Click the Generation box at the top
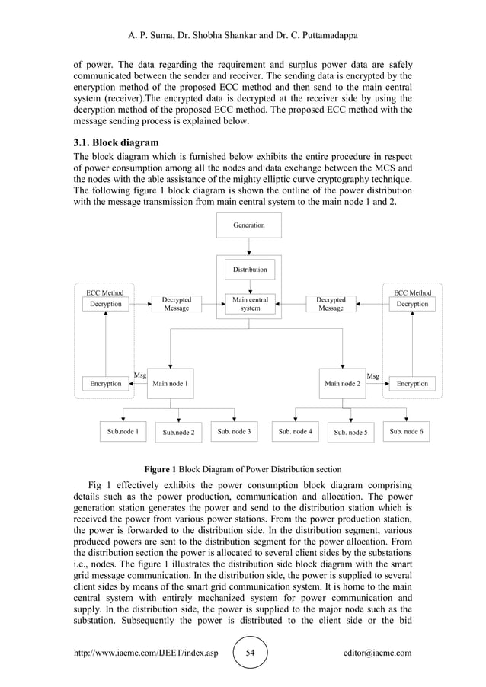[x=249, y=225]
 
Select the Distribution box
[x=249, y=270]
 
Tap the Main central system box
[x=249, y=304]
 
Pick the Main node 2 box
[x=342, y=384]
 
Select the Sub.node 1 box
[x=123, y=432]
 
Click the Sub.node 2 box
[x=178, y=433]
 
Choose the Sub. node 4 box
[x=295, y=432]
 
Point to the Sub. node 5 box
[x=350, y=433]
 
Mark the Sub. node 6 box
[x=406, y=432]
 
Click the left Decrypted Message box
[x=177, y=304]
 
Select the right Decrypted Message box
[x=331, y=304]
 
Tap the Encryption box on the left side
[x=105, y=384]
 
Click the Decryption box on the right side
[x=412, y=304]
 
